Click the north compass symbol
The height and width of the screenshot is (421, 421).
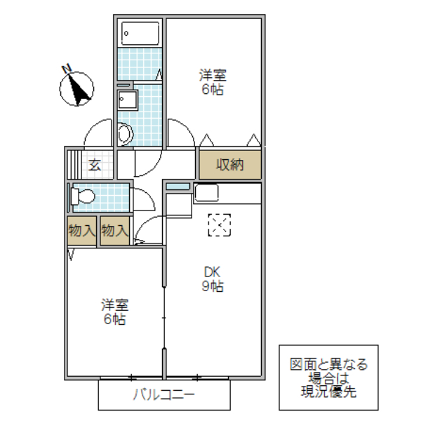[x=77, y=87]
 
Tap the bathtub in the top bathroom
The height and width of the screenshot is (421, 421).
[x=140, y=34]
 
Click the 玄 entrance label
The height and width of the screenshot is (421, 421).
[x=94, y=166]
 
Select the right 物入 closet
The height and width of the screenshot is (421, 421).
[x=114, y=231]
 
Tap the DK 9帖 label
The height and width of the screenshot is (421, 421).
[x=214, y=279]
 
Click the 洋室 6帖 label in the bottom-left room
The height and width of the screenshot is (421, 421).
[x=114, y=312]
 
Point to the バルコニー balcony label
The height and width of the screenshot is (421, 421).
[x=163, y=394]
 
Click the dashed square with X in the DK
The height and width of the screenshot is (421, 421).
[x=219, y=224]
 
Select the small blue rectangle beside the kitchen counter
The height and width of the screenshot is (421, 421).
[x=178, y=186]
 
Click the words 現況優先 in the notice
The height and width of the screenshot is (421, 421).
[x=328, y=392]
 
